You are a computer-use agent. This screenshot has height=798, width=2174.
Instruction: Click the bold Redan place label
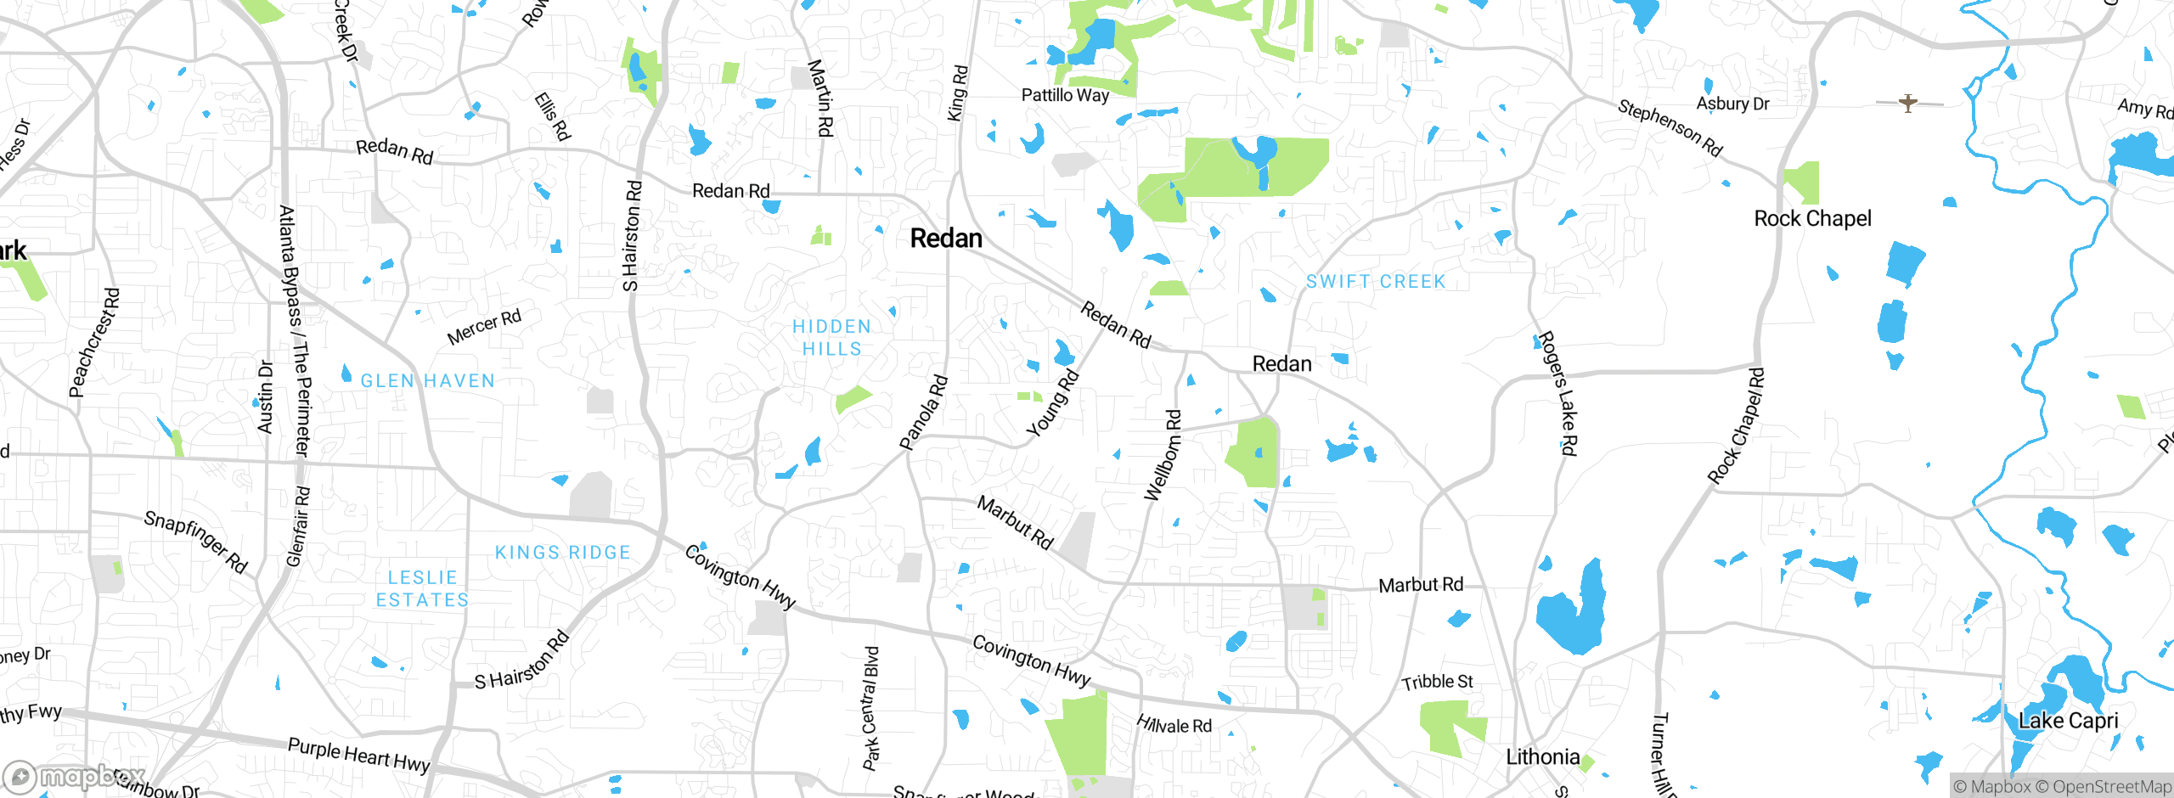point(946,239)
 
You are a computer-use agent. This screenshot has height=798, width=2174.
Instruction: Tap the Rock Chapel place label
point(1812,218)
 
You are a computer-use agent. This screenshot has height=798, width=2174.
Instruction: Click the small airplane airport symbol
point(1908,104)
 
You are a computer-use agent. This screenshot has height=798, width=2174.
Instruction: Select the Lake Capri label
point(2068,721)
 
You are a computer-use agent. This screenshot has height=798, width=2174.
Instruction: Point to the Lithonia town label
point(1542,756)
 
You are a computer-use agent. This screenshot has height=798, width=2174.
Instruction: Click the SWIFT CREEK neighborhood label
point(1375,281)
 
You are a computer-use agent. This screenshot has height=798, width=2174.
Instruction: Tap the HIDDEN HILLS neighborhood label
point(831,338)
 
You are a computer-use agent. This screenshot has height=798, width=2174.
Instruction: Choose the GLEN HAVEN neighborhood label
point(427,381)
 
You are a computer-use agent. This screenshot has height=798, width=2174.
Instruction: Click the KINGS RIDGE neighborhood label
point(562,553)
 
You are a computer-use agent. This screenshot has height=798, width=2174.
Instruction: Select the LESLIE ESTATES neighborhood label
point(422,588)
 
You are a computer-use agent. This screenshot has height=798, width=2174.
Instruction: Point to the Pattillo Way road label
point(1065,95)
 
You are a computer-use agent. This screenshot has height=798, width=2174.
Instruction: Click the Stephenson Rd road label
point(1670,127)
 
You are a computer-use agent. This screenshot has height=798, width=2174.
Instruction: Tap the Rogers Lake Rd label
point(1558,392)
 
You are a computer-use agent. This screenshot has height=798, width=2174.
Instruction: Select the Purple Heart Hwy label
point(358,755)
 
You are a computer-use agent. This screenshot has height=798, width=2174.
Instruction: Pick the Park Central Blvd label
point(871,708)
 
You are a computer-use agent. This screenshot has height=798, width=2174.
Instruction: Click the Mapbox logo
point(75,776)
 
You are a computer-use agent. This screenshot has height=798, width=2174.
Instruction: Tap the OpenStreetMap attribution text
point(2111,787)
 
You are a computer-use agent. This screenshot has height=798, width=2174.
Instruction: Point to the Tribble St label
point(1437,682)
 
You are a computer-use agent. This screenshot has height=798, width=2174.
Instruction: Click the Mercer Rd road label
point(484,327)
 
